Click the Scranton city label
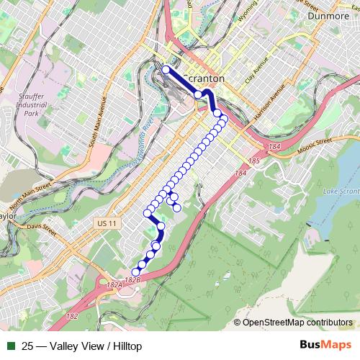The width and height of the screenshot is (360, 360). pos(204,78)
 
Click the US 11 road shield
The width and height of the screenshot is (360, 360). pos(105,225)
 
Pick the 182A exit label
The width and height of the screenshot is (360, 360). pos(113,286)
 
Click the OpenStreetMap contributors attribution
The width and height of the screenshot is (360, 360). pos(297,322)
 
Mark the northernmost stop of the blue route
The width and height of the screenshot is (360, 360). pos(166,70)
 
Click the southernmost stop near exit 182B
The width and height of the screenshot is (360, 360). pos(135,271)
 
